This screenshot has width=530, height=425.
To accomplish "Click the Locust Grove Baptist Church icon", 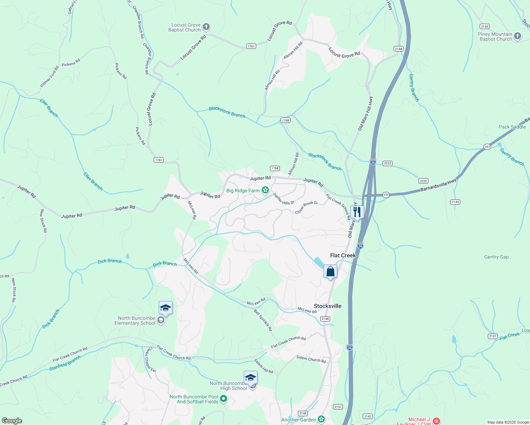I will (206, 27).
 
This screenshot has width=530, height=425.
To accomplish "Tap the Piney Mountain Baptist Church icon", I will (517, 36).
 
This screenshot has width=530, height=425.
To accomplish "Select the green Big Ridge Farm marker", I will (265, 191).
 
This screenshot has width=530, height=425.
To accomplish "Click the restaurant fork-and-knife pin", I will (357, 212).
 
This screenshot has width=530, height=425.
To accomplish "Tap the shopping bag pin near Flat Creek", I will (330, 272).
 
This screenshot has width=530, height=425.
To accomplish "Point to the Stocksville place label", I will (327, 306).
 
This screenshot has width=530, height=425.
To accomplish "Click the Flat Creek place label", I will (343, 255).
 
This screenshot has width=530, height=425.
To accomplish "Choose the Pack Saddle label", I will (512, 127).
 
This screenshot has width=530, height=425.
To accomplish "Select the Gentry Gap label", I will (496, 257).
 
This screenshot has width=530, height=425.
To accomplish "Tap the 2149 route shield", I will (484, 27).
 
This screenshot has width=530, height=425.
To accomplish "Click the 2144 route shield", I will (455, 202).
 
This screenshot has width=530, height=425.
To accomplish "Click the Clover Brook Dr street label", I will (306, 208).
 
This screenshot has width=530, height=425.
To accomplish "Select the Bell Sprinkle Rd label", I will (263, 320).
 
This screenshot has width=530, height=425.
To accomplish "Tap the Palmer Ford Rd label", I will (49, 76).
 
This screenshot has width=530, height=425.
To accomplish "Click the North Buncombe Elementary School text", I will (135, 321).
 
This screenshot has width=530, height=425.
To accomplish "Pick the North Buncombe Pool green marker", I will (223, 399).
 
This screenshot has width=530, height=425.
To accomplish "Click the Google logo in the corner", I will (12, 421).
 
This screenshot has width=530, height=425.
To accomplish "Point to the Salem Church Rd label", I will (311, 359).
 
